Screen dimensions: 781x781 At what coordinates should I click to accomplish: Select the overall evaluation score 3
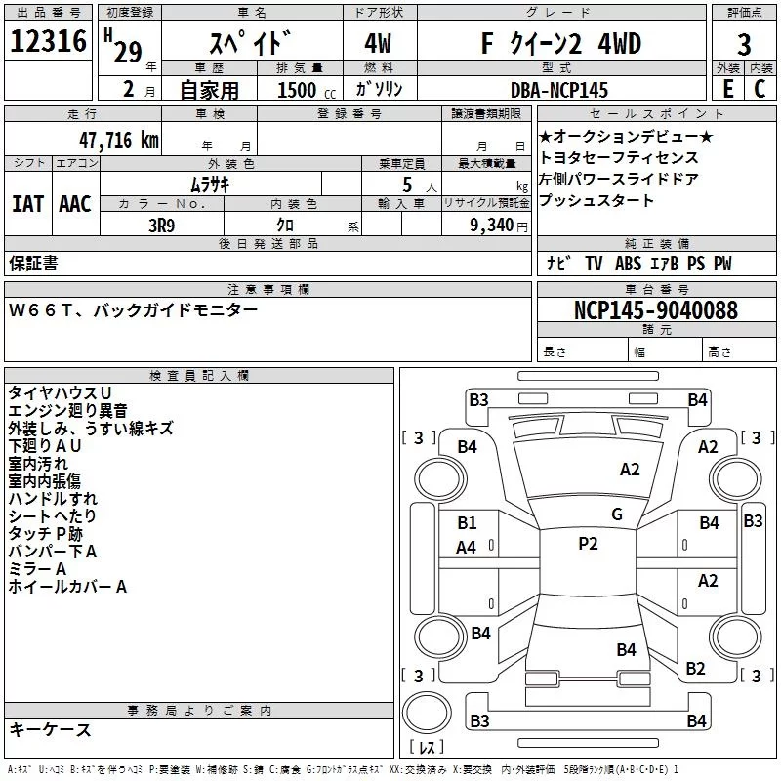[744, 44]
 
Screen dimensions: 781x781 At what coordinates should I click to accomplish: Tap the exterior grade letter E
[727, 89]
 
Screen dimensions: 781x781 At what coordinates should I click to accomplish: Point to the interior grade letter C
[760, 89]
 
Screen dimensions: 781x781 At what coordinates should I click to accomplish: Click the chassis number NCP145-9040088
[655, 310]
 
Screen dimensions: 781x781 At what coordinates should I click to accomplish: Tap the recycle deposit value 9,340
[499, 225]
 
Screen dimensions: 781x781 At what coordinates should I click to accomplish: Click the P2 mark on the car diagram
[588, 544]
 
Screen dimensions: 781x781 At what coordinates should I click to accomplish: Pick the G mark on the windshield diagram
[616, 514]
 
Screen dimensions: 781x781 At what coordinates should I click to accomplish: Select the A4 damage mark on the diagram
[467, 548]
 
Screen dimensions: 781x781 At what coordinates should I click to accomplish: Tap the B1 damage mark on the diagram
[467, 523]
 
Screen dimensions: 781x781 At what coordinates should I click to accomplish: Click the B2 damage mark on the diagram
[695, 668]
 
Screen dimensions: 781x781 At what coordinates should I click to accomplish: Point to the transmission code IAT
[26, 204]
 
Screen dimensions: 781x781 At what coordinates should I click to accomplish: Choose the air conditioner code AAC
[74, 204]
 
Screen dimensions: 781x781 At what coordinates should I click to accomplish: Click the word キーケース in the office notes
[50, 729]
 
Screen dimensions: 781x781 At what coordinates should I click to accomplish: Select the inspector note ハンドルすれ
[53, 499]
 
